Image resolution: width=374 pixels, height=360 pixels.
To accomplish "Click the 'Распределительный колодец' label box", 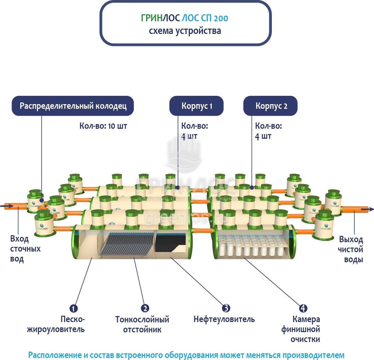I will [73, 106].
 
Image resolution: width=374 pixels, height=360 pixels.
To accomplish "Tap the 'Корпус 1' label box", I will [197, 106].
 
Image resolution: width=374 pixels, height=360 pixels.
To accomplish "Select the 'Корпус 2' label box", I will [271, 106].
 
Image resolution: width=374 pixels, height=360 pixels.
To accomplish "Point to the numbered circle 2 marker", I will [145, 308].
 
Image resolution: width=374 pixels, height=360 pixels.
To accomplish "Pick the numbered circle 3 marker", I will [226, 308].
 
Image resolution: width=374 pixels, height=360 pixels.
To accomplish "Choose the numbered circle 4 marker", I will [303, 308].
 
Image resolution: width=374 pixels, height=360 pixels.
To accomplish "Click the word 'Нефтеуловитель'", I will [224, 319].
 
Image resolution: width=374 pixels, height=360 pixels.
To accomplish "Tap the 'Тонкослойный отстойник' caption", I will [142, 324].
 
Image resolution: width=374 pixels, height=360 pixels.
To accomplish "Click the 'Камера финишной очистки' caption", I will [301, 329].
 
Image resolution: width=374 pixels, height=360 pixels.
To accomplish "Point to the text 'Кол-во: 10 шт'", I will [103, 126].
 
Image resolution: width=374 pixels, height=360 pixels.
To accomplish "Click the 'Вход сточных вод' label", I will [25, 249].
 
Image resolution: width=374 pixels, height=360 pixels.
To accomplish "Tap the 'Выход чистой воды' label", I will [351, 250].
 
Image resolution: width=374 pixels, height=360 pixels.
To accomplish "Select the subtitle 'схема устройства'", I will [185, 31].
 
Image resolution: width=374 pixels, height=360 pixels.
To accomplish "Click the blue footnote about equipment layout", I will [186, 355].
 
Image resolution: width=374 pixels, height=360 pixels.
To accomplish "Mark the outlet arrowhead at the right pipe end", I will [371, 209].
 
